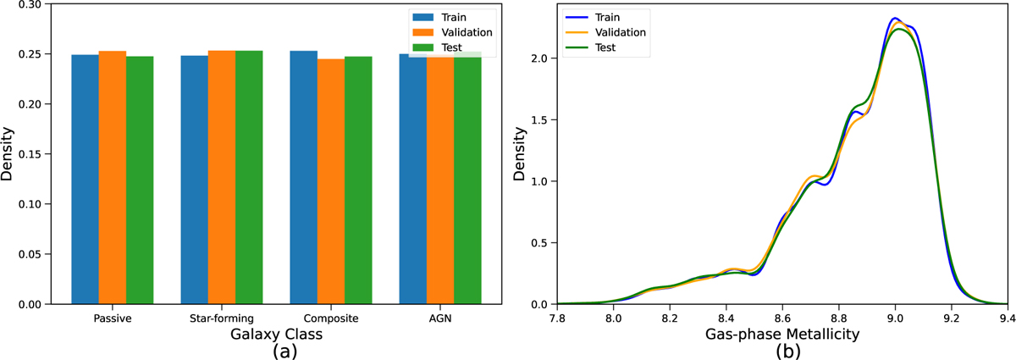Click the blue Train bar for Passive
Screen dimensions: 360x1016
(85, 179)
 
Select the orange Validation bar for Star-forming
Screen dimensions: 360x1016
(222, 177)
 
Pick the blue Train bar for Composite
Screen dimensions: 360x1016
(303, 177)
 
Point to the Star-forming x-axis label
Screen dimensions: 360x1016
(222, 318)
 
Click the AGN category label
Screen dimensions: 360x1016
(440, 318)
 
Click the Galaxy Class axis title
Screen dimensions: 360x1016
(276, 335)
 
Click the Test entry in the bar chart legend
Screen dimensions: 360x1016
(450, 47)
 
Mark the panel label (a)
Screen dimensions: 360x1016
(277, 351)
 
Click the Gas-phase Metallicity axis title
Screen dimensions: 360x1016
(783, 335)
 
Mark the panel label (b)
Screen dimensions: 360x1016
(783, 351)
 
